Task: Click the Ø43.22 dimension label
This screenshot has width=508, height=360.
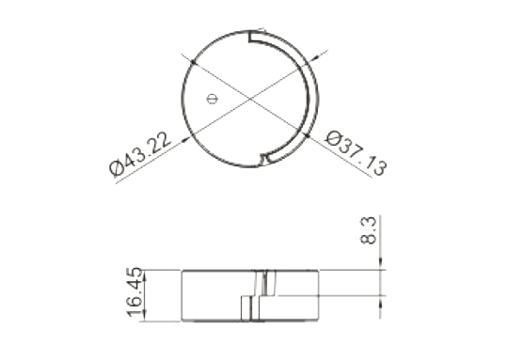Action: pos(139,155)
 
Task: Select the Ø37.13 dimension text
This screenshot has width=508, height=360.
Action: pos(356,153)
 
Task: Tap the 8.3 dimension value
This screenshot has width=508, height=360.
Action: pos(369,230)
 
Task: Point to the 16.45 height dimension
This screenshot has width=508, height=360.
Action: pos(135,291)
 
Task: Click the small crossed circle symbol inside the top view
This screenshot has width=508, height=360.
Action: pos(212,99)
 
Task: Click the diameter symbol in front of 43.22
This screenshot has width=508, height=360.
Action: pos(117,168)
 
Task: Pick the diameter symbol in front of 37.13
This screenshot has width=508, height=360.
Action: pos(333,138)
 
